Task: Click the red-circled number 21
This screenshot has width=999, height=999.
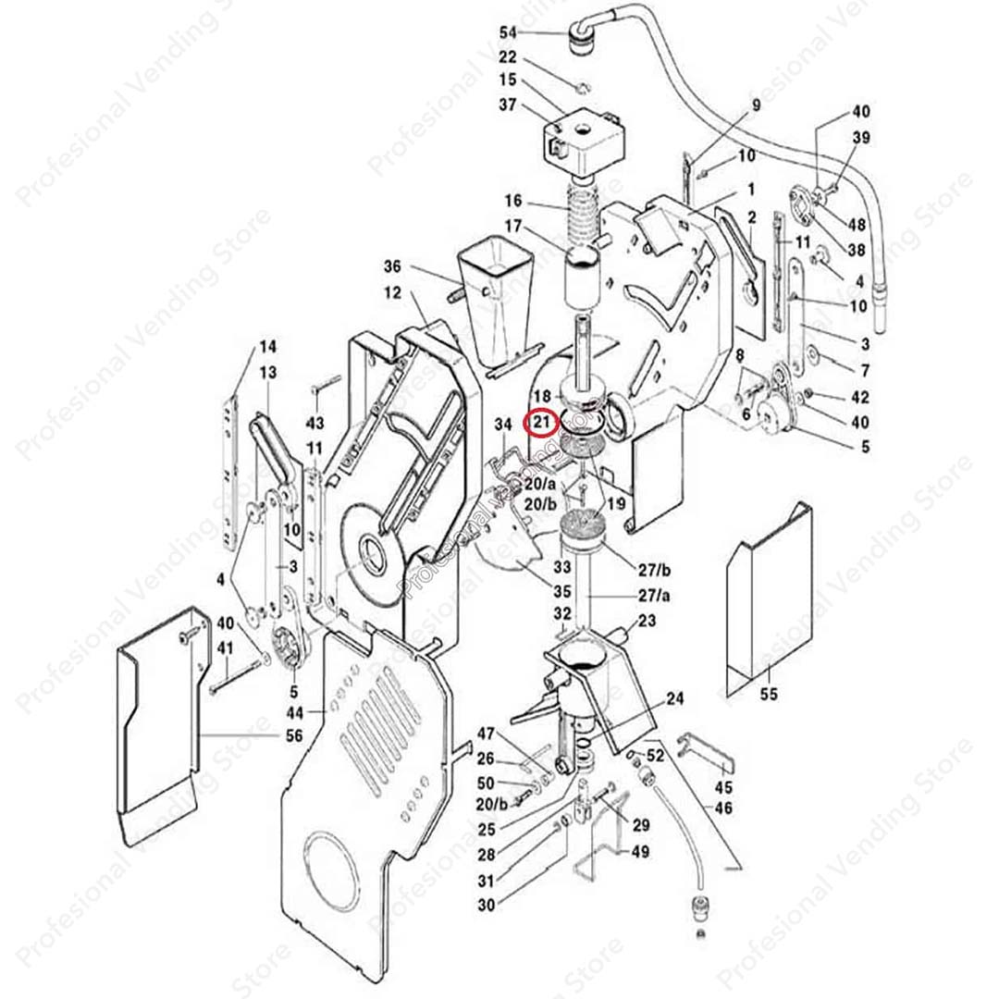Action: pos(539,424)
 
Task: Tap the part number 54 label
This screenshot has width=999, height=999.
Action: pos(508,32)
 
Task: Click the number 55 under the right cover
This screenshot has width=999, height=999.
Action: pos(769,695)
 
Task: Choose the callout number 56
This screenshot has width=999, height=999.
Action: pos(293,735)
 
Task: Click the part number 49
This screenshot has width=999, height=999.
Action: pos(639,852)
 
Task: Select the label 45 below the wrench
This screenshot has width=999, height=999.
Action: pos(723,788)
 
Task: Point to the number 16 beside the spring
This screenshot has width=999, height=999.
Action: pos(514,201)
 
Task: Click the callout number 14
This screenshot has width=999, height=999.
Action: pos(267,348)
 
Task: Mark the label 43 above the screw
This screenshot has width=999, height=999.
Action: pos(316,423)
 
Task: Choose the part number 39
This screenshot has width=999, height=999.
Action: pos(861,138)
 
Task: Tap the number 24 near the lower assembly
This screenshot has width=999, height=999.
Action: pos(675,699)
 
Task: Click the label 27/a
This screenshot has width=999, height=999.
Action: pos(653,595)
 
